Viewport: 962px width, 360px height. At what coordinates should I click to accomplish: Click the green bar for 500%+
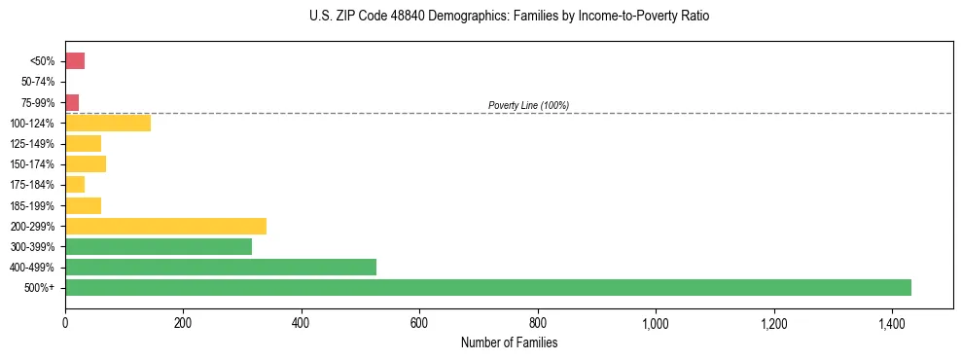pyautogui.click(x=487, y=287)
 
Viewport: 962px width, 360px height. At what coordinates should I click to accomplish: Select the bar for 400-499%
pyautogui.click(x=221, y=267)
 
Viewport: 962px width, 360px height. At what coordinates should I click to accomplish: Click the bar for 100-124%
pyautogui.click(x=108, y=123)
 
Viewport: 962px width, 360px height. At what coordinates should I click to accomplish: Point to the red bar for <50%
pyautogui.click(x=75, y=61)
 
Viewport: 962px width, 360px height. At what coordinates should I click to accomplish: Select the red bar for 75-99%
pyautogui.click(x=72, y=102)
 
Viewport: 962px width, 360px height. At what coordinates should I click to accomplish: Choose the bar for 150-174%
pyautogui.click(x=86, y=163)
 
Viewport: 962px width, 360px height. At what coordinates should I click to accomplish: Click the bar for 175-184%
pyautogui.click(x=75, y=184)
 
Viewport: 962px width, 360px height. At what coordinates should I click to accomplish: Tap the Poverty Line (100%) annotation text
pyautogui.click(x=528, y=105)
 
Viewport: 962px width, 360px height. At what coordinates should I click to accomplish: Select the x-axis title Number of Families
pyautogui.click(x=509, y=342)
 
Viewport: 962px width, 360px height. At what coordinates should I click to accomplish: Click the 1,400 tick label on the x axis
pyautogui.click(x=892, y=322)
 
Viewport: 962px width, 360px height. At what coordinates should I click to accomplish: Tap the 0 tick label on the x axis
pyautogui.click(x=65, y=322)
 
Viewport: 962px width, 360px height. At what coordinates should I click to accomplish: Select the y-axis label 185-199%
pyautogui.click(x=34, y=205)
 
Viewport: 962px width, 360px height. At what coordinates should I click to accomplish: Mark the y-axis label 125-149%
pyautogui.click(x=34, y=144)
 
